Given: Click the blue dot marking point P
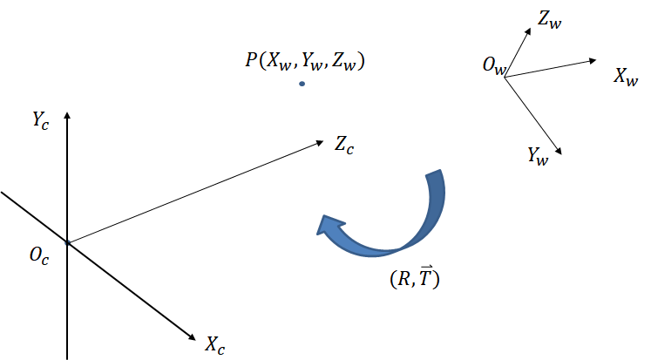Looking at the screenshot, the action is (x=302, y=84).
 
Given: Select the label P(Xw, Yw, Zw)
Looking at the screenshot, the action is (x=305, y=61).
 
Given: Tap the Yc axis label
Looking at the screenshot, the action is (x=41, y=121).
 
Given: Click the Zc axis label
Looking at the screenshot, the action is (x=344, y=146).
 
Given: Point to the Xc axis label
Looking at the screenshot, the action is (x=214, y=345).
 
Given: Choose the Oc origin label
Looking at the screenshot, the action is (x=39, y=255).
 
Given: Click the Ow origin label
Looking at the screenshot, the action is (x=494, y=66).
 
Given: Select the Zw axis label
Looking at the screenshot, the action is (x=550, y=19).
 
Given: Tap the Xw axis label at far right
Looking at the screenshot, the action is (x=626, y=77).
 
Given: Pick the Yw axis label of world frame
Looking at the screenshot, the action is (x=538, y=157).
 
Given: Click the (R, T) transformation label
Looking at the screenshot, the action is (x=415, y=277).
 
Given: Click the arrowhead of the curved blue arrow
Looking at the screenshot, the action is (x=330, y=227).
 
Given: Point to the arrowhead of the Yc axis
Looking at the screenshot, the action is (x=67, y=115).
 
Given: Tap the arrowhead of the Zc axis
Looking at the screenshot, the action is (x=319, y=143).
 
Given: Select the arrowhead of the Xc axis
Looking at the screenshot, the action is (x=192, y=336).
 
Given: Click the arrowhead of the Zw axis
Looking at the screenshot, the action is (x=528, y=31).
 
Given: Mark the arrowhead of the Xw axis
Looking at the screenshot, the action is (x=593, y=61).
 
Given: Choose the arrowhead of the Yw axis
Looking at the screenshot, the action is (x=559, y=152).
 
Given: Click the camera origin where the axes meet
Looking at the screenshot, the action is (x=67, y=242).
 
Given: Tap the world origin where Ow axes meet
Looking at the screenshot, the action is (x=505, y=78).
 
